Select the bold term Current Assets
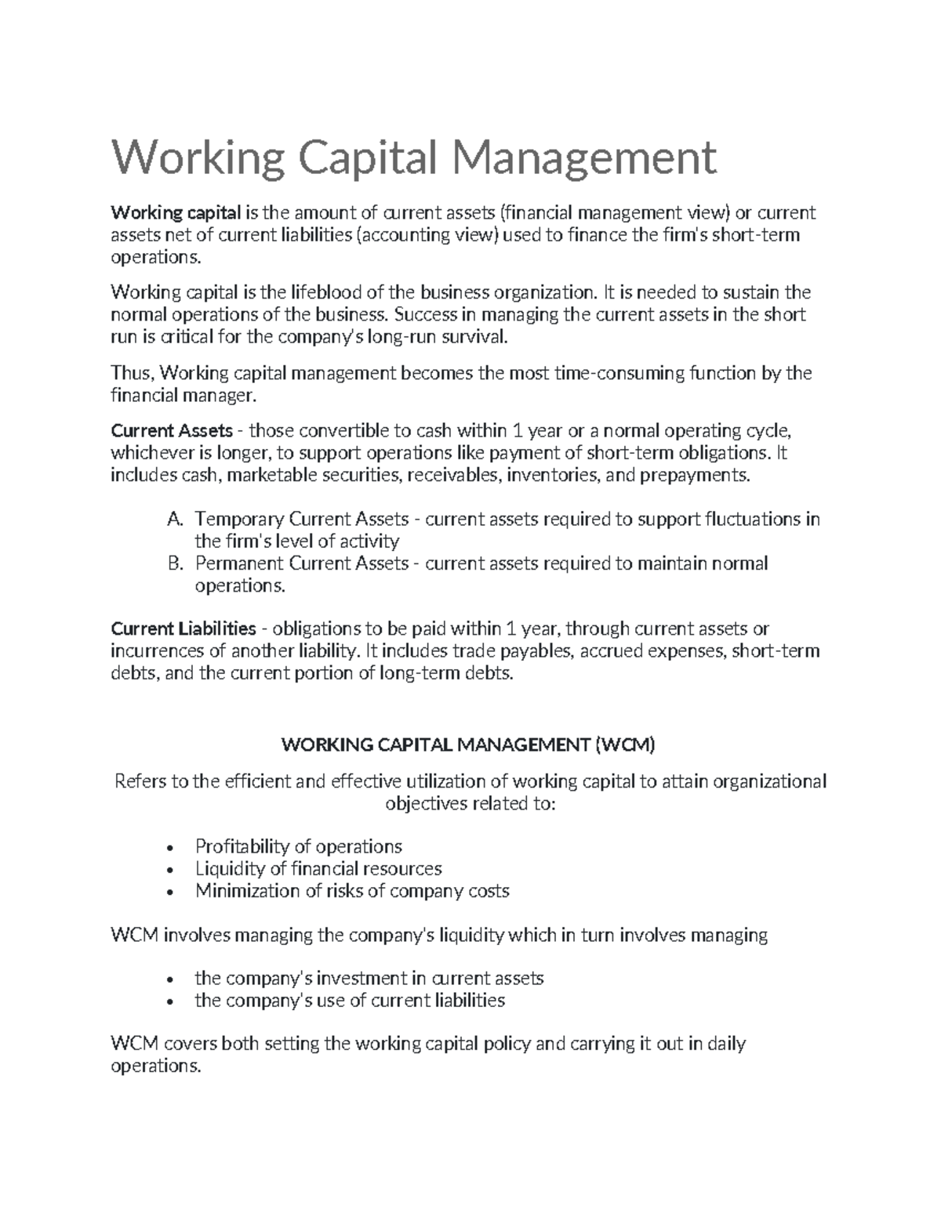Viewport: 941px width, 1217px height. click(x=172, y=431)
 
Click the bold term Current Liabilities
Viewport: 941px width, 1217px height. click(x=183, y=628)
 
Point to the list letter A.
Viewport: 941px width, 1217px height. click(x=174, y=519)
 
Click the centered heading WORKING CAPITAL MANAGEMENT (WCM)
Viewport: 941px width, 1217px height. click(x=467, y=745)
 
